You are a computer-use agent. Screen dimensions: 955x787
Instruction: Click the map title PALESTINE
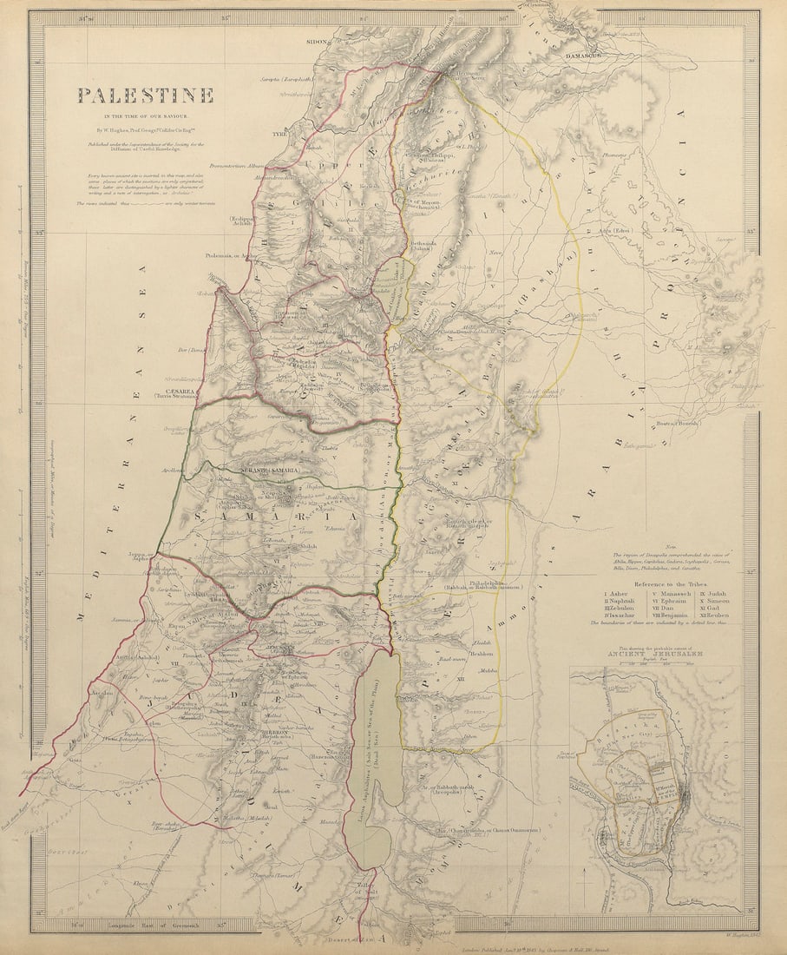145,95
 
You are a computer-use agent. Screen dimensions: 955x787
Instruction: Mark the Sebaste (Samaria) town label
269,470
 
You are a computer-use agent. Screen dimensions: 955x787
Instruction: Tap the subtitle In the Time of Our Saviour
145,115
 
